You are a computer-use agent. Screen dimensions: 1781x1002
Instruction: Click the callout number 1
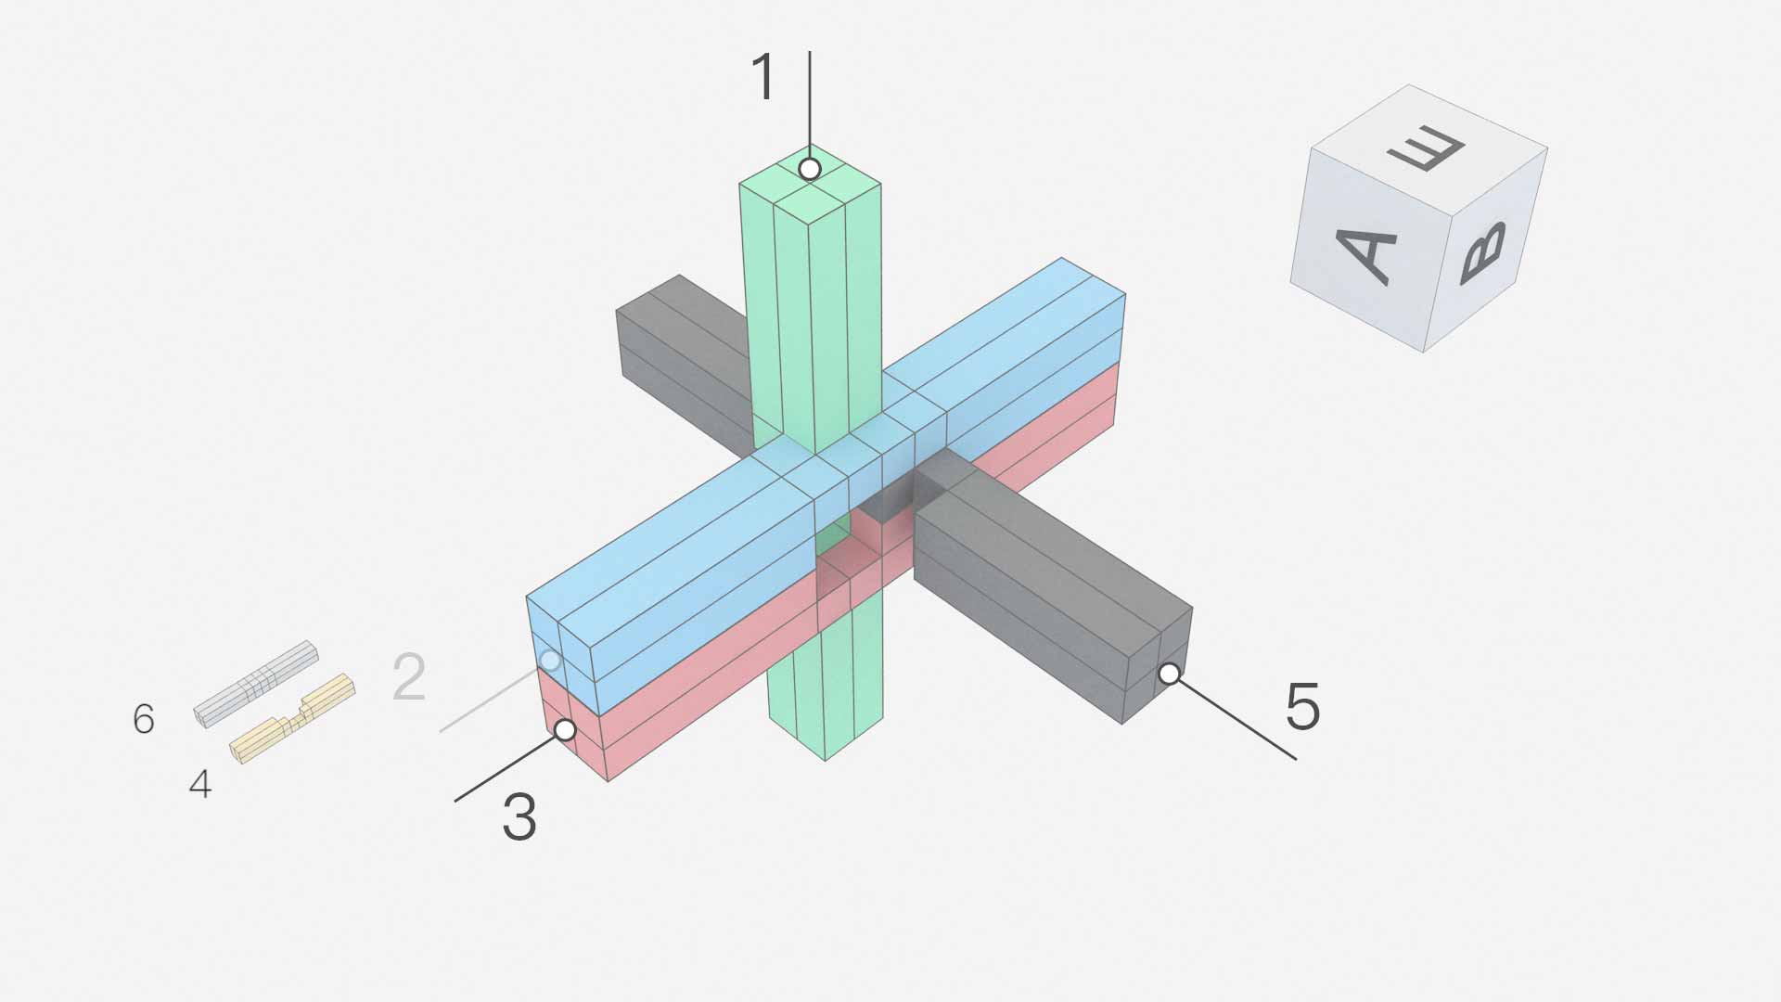(763, 77)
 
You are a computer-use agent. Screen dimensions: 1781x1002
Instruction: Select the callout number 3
(519, 817)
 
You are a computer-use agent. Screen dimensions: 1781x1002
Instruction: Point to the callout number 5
(1302, 706)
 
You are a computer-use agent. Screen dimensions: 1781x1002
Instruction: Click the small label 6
(144, 719)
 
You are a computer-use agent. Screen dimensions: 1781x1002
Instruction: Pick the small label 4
(200, 785)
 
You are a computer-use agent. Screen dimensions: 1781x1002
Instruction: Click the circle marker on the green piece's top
(810, 169)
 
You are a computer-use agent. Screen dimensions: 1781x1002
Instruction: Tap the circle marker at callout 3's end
(565, 730)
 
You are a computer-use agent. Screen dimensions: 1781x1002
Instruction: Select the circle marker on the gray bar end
(1170, 674)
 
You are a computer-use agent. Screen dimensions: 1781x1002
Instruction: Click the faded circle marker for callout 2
(550, 660)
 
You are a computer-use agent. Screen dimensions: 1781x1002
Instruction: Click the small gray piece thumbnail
(256, 684)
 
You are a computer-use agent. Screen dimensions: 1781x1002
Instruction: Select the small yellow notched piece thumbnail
(292, 718)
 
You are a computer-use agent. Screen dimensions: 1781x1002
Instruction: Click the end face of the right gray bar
(1158, 665)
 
